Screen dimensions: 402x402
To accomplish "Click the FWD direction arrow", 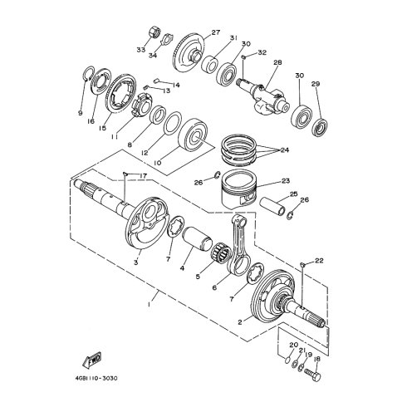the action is point(92,360).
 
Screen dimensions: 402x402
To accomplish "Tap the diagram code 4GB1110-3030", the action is point(96,378).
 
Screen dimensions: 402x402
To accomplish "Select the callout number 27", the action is point(216,32).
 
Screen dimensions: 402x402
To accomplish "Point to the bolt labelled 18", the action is point(312,375).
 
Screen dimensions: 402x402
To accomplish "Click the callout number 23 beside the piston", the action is point(286,181).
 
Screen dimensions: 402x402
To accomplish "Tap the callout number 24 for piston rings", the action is point(285,150).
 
